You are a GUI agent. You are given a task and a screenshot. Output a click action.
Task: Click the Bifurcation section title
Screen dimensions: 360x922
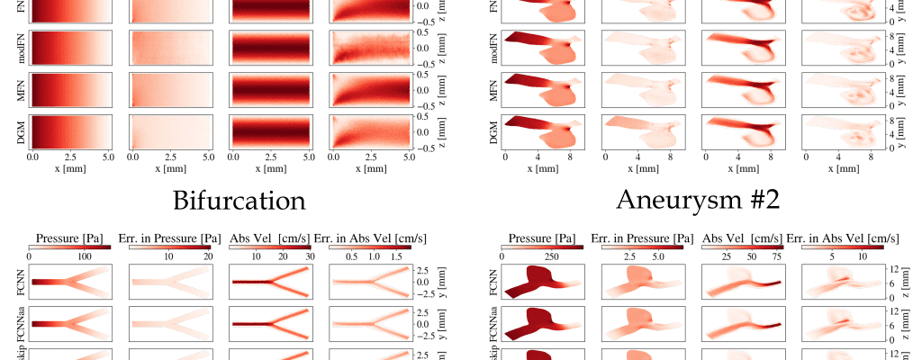pos(239,200)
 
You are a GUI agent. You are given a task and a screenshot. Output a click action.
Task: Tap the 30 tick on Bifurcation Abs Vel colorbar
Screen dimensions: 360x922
pos(309,256)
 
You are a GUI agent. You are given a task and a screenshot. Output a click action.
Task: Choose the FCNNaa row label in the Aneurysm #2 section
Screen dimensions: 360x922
pos(493,323)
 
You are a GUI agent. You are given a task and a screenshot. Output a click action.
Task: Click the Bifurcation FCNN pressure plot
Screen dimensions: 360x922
pos(69,282)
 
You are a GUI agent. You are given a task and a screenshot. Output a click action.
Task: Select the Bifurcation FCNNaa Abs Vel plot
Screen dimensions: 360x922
pos(270,323)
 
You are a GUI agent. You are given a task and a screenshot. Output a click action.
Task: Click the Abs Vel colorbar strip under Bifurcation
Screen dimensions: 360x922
pos(270,246)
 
